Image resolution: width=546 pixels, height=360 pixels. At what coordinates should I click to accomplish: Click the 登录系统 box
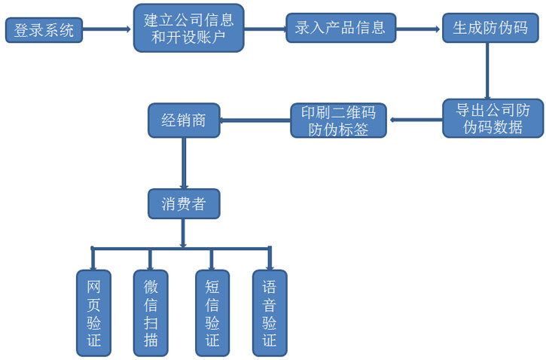pos(44,31)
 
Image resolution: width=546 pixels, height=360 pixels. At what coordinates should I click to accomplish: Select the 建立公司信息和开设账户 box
pos(188,29)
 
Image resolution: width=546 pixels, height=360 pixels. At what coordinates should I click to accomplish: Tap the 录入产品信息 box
pos(340,29)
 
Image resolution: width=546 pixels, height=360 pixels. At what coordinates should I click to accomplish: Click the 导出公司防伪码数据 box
pos(493,118)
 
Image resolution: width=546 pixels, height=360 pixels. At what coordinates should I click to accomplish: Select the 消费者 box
pos(183,203)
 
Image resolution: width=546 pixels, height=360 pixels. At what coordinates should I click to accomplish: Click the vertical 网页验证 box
pos(93,313)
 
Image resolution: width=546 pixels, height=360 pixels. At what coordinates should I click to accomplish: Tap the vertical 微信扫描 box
pos(151,313)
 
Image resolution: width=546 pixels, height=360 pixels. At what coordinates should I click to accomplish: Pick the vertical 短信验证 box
pos(212,313)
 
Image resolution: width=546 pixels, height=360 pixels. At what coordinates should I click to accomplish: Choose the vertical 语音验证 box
pos(269,313)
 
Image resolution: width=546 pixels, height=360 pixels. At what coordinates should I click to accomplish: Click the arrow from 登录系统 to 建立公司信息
pos(106,30)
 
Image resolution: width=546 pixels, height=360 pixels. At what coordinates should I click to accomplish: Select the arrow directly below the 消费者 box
pos(184,233)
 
